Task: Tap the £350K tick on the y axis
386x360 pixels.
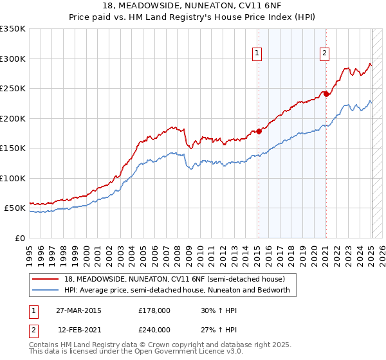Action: click(x=13, y=29)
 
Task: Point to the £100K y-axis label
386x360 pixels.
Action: click(x=13, y=178)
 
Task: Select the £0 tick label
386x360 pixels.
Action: click(x=19, y=238)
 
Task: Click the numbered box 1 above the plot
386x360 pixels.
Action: click(x=257, y=53)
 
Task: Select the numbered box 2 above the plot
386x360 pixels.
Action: click(x=325, y=53)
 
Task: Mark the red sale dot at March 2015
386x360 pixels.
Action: click(x=259, y=132)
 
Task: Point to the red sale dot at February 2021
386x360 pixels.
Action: click(x=326, y=94)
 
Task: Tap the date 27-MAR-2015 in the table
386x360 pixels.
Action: click(x=79, y=310)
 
